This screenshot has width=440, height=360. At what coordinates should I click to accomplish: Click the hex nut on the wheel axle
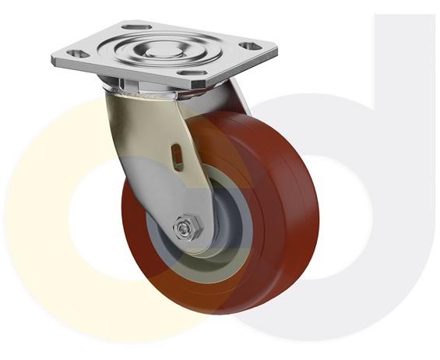(x=184, y=229)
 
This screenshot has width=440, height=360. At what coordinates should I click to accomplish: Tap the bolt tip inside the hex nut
(x=183, y=229)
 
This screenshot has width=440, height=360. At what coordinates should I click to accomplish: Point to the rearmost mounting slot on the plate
(x=148, y=30)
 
